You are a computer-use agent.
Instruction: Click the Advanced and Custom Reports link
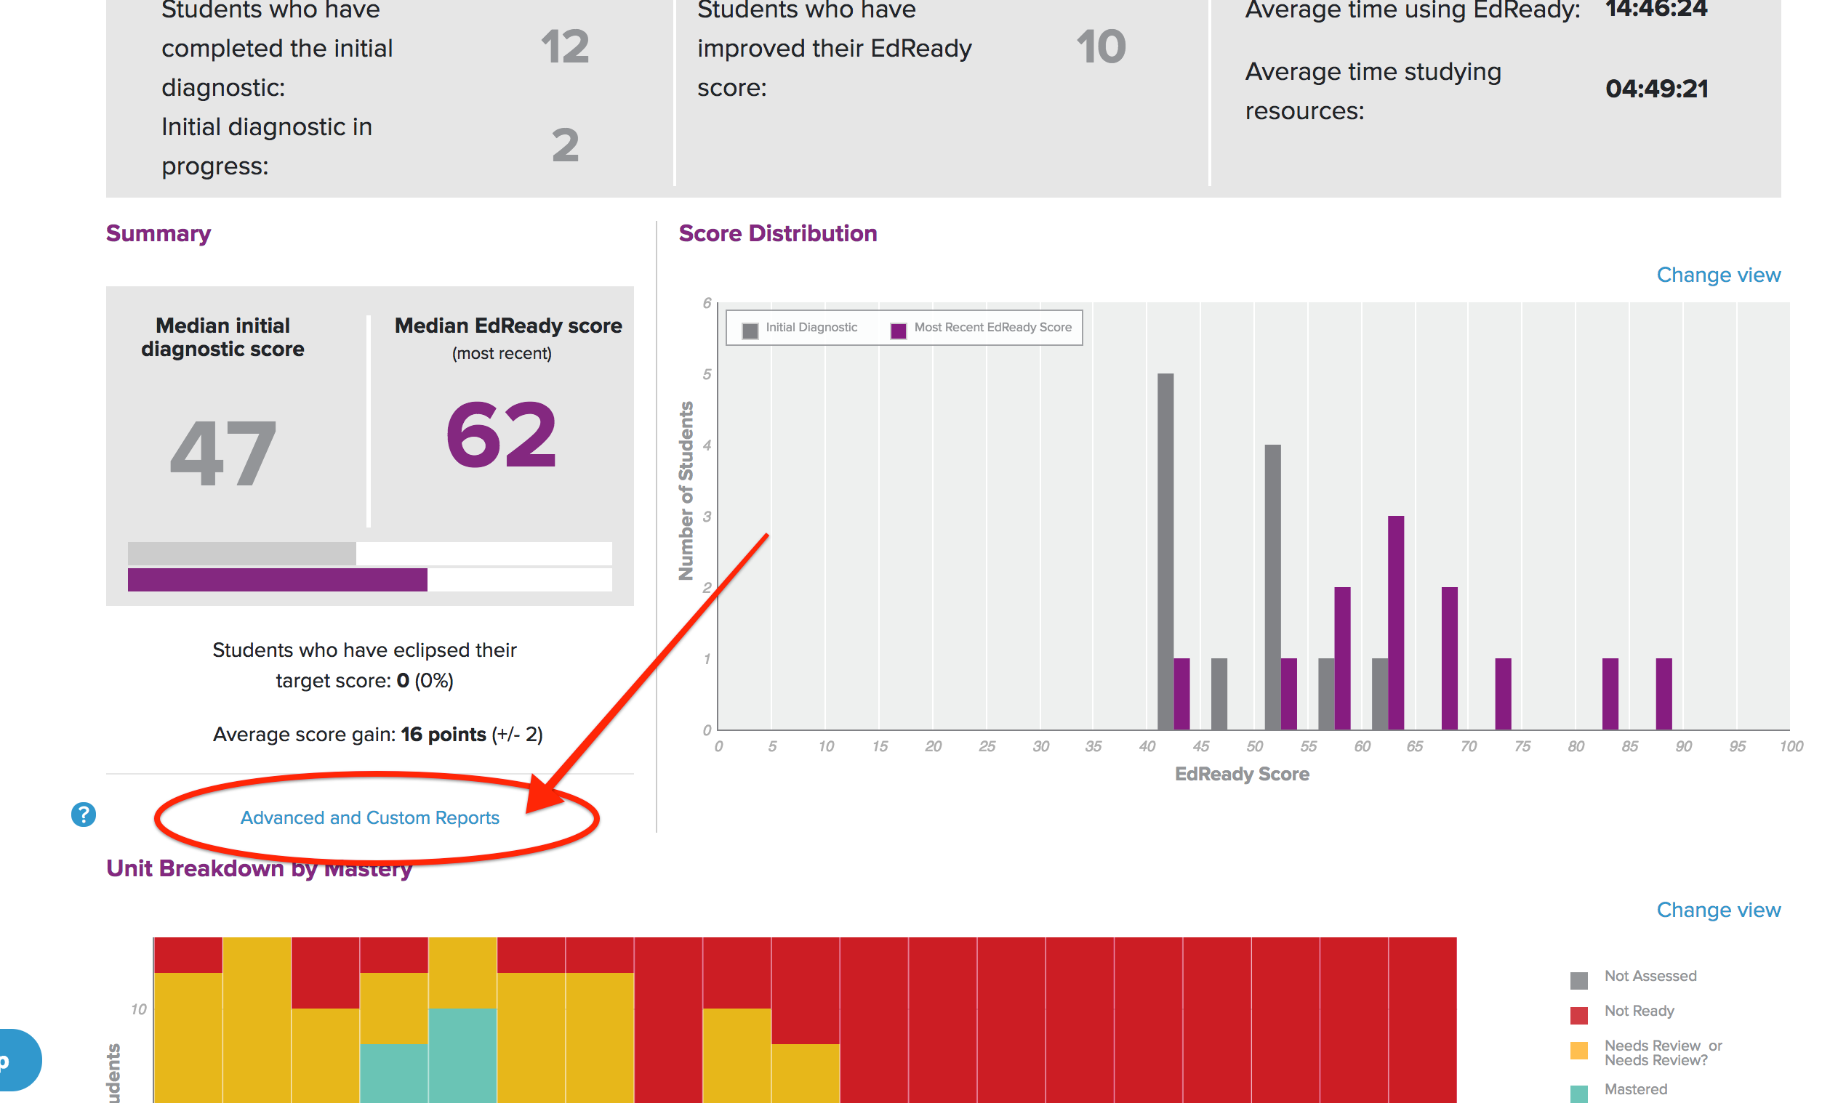tap(369, 817)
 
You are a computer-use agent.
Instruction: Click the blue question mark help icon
tap(84, 815)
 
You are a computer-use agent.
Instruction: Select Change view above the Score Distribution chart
tap(1717, 275)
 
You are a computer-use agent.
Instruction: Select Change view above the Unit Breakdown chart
tap(1717, 910)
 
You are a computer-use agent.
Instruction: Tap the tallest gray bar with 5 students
tap(1165, 550)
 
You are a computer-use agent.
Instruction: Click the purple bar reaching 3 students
tap(1396, 621)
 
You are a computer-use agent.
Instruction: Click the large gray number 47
tap(223, 453)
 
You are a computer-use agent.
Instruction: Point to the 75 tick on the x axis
tap(1521, 746)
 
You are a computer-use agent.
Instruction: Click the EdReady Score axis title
tap(1241, 775)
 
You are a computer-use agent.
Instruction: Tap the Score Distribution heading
tap(777, 233)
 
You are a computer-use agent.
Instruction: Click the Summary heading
tap(158, 233)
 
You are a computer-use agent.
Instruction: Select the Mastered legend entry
tap(1634, 1090)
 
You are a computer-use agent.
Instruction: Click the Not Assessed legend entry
tap(1649, 977)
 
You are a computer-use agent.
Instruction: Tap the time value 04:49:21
tap(1656, 89)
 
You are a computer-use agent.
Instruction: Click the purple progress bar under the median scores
tap(276, 580)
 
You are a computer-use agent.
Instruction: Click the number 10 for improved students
tap(1101, 47)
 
